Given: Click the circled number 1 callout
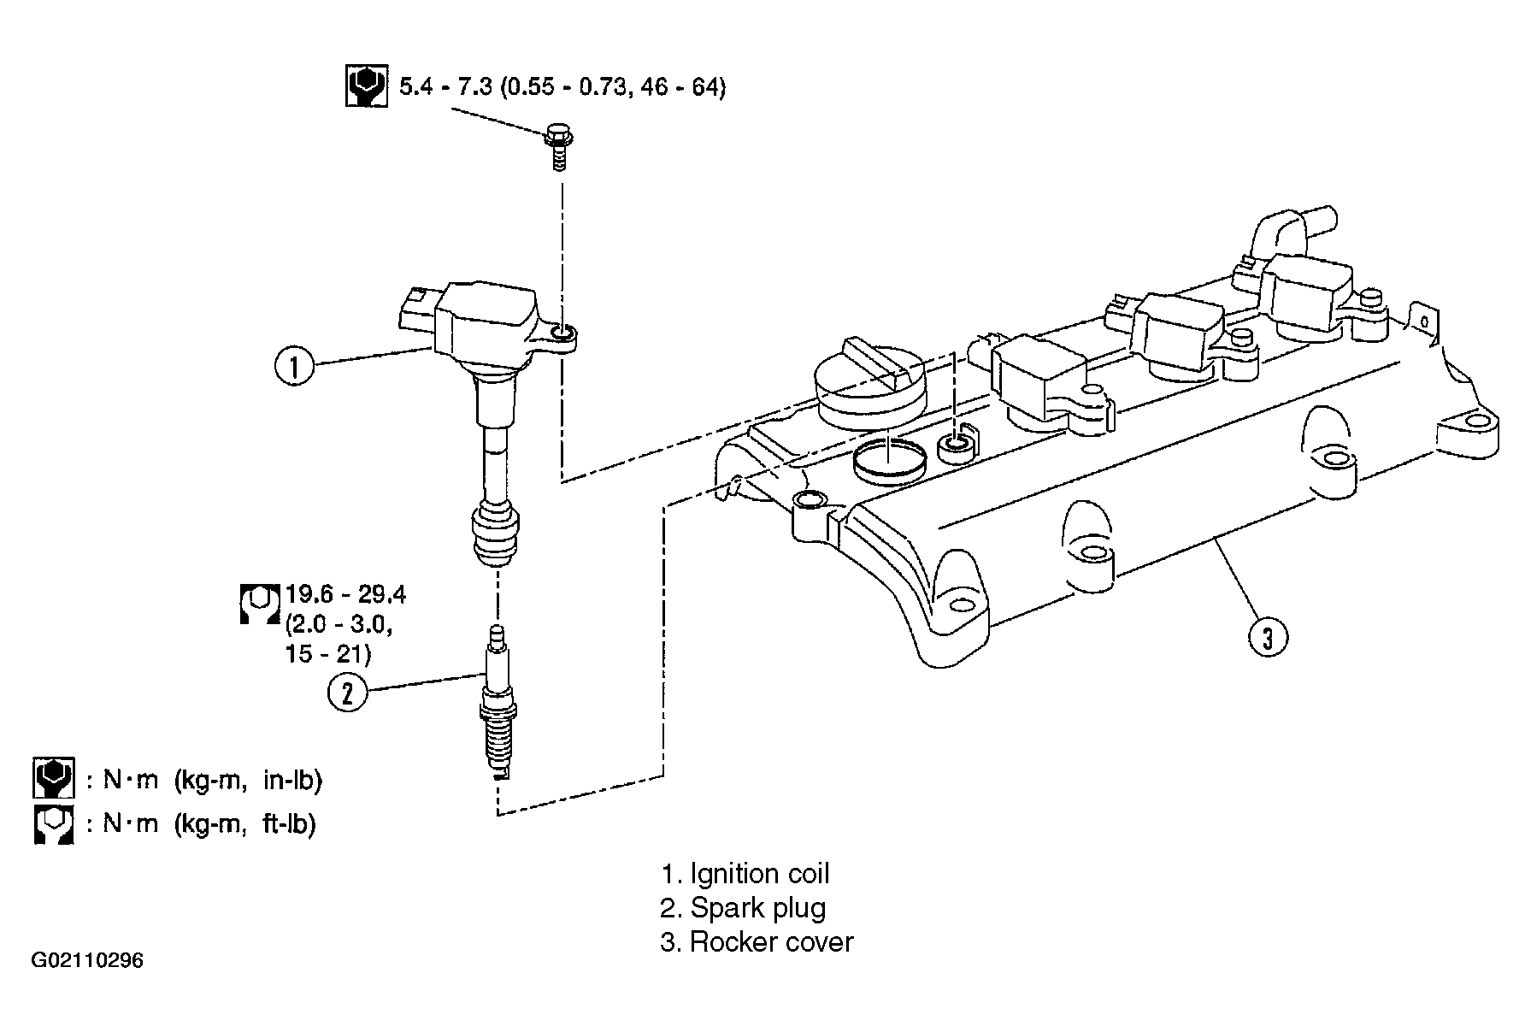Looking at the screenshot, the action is click(296, 367).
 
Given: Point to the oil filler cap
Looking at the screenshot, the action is click(870, 382).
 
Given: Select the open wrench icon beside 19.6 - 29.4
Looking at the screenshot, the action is click(259, 603).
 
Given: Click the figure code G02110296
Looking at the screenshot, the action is click(87, 960).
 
